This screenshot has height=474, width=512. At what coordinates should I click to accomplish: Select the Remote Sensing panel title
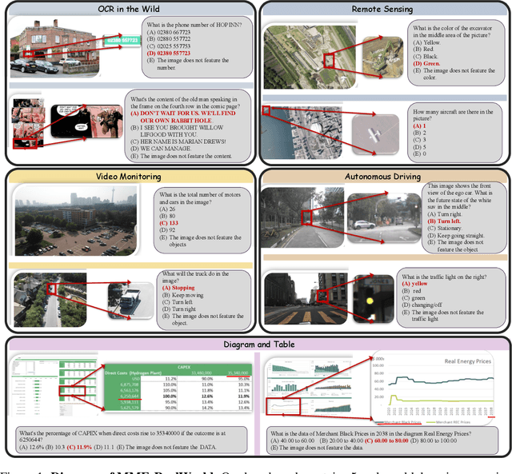[382, 9]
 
